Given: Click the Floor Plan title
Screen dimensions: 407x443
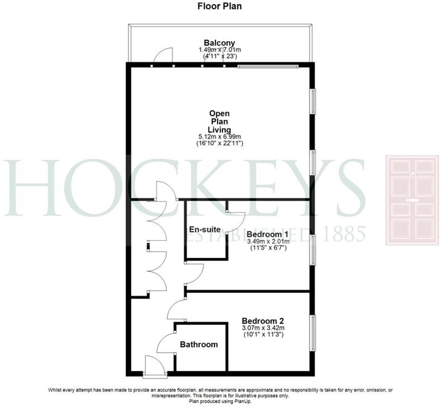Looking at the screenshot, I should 219,6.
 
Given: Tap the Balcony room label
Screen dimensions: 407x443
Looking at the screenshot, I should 219,43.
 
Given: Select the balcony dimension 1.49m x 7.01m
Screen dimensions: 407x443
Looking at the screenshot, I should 220,50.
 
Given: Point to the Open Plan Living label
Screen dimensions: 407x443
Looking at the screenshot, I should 219,121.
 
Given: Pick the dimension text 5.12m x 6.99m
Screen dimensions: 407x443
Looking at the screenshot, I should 219,136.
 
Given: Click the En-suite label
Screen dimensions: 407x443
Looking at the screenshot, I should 205,229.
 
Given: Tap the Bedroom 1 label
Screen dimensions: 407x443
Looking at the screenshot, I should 267,235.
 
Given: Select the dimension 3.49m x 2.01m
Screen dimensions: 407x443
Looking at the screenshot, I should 268,242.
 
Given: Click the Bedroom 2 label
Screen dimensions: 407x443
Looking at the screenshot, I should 263,321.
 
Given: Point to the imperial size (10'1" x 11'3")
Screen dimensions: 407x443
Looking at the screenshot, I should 263,335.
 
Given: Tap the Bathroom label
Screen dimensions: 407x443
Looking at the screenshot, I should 199,344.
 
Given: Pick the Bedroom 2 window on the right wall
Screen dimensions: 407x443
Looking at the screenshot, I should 313,333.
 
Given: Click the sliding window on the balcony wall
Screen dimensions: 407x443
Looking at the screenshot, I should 268,66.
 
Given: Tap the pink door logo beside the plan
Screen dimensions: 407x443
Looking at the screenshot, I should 412,200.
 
